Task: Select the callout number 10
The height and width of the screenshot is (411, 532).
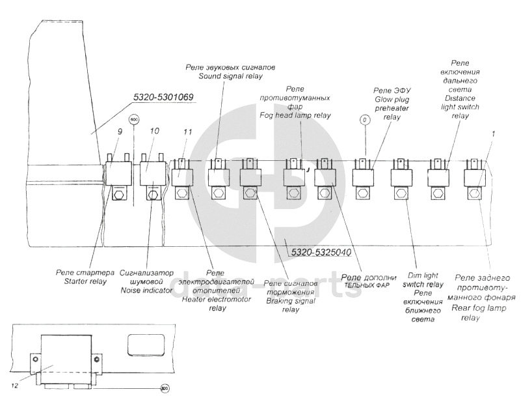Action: click(153, 132)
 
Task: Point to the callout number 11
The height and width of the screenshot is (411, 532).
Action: click(188, 132)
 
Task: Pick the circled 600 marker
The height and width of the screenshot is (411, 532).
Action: click(134, 120)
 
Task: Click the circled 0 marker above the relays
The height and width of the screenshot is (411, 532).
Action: click(365, 120)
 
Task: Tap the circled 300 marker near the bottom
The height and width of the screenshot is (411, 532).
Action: click(164, 389)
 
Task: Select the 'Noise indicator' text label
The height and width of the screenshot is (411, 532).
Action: click(144, 291)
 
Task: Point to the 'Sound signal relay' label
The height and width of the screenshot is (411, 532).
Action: click(230, 76)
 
